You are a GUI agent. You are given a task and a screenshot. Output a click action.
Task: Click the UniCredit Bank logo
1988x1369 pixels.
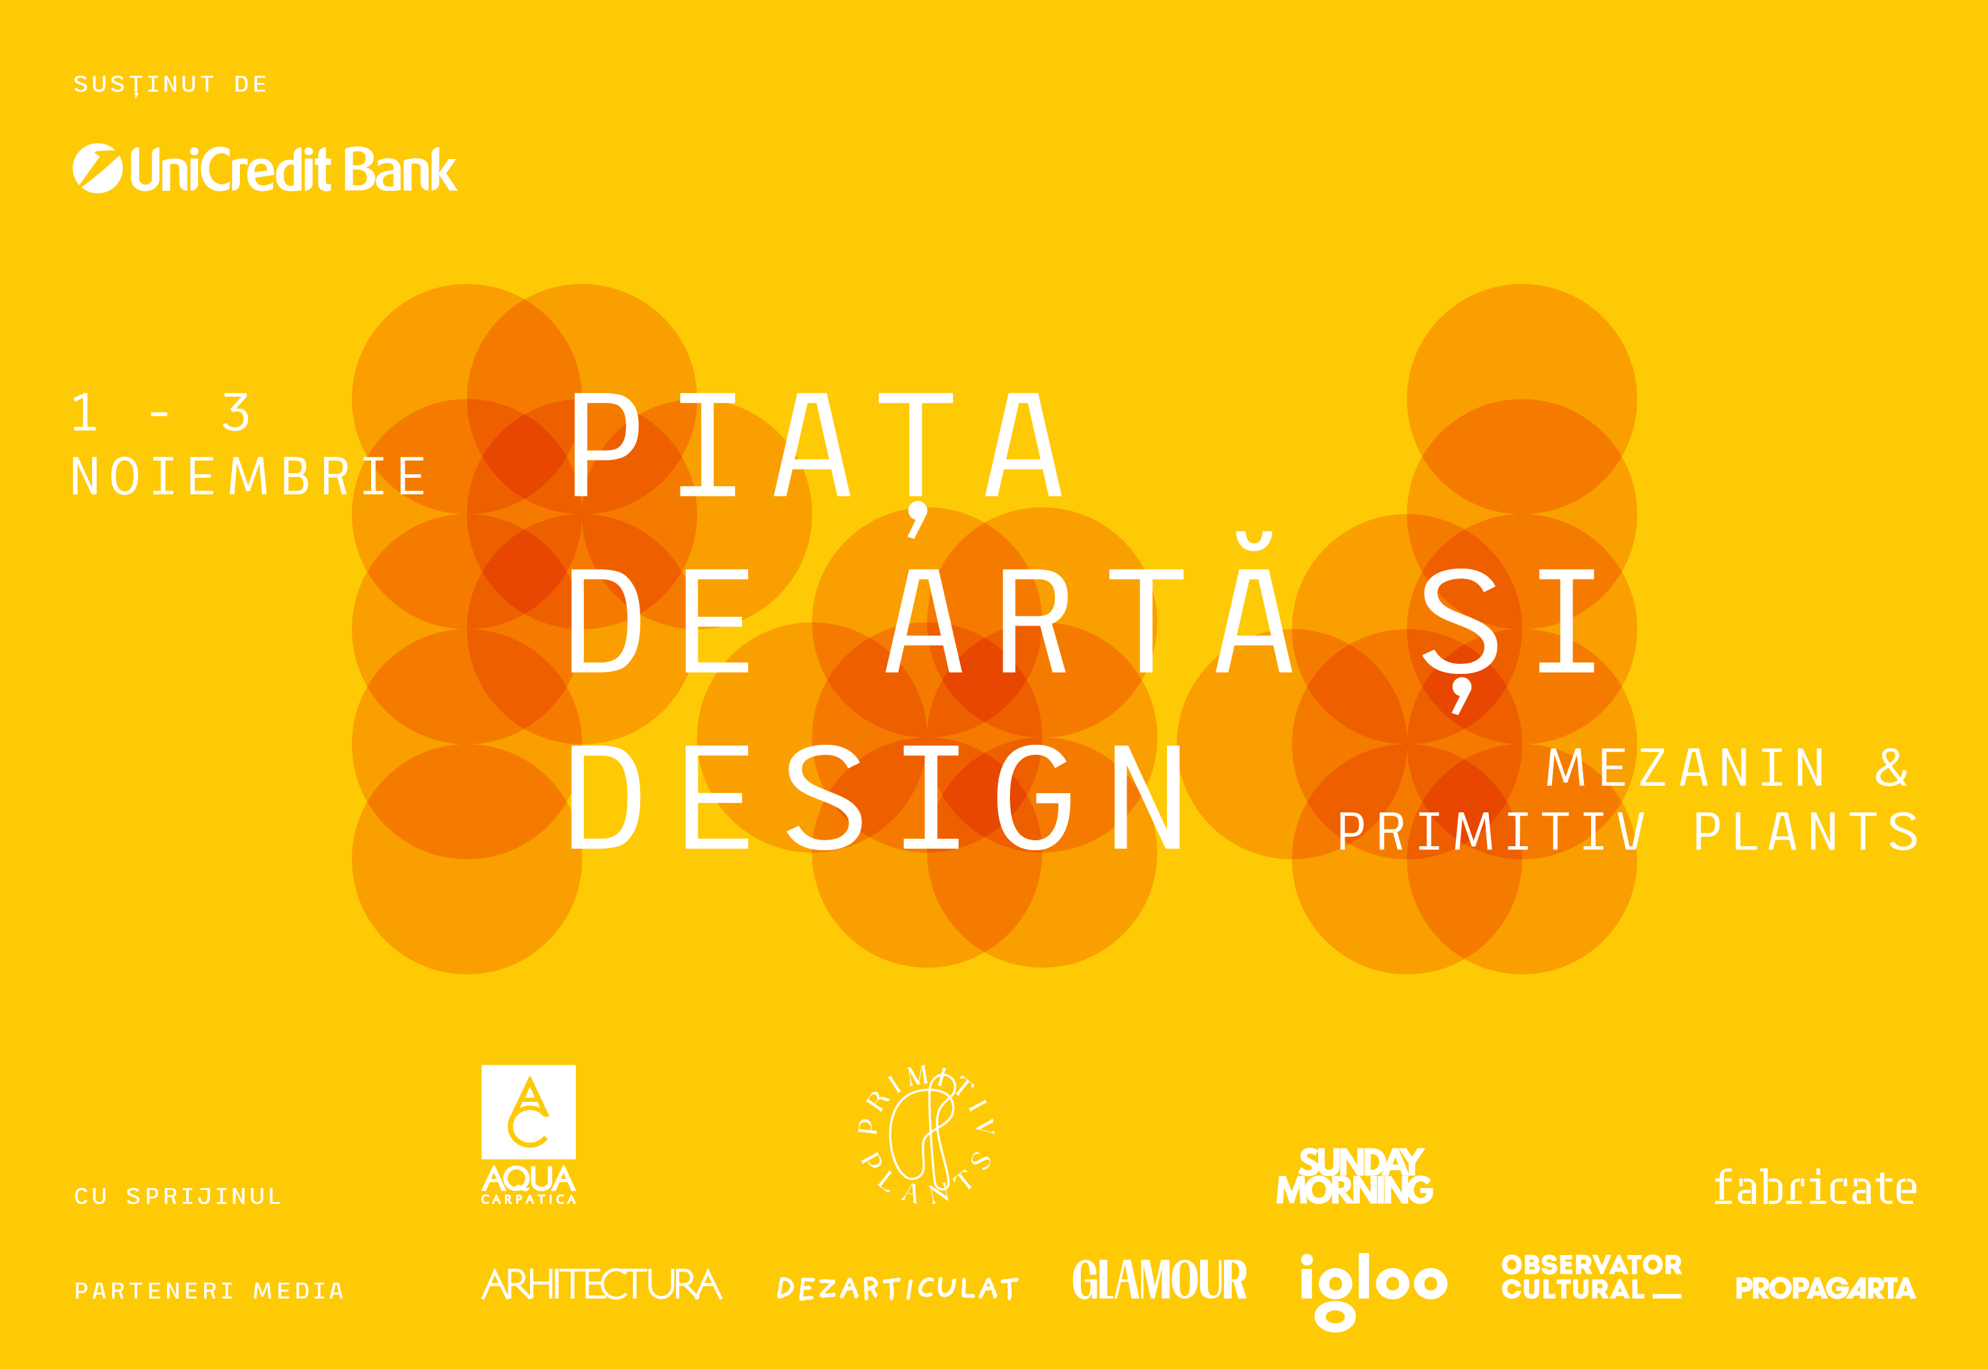264,168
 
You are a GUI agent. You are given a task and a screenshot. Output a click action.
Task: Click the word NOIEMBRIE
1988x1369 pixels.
248,477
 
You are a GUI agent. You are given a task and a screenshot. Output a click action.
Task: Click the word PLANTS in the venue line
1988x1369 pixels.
1806,832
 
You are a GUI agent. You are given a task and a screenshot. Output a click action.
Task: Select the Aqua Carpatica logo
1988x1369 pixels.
528,1134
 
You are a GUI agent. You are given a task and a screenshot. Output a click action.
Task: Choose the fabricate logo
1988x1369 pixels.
1815,1187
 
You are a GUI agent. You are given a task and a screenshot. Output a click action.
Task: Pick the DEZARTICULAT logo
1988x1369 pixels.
897,1287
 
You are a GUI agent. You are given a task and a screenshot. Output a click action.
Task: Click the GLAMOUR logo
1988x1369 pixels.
1160,1280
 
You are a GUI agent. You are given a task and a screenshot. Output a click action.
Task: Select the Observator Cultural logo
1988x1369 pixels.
1592,1277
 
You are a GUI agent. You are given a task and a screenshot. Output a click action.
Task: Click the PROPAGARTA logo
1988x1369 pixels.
1825,1287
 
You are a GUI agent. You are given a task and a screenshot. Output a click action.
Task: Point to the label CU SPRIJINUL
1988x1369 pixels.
178,1197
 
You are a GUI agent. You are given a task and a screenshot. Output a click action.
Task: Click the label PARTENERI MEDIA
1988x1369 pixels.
209,1291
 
